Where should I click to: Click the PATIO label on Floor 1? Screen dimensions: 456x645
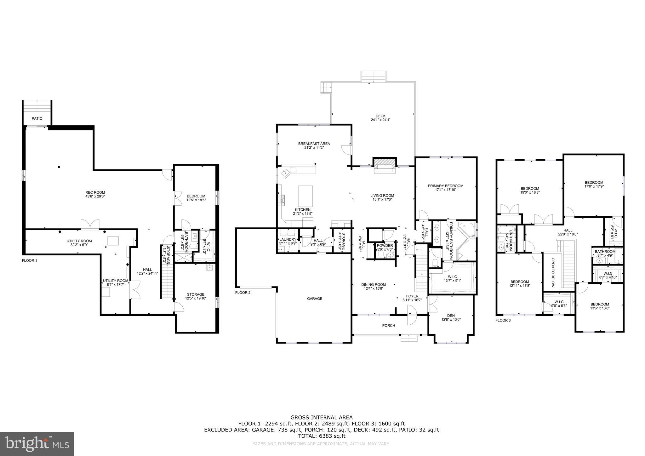pos(37,118)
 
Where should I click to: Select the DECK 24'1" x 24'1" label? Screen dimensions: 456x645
pos(380,118)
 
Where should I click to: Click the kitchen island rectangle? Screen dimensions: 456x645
pos(305,196)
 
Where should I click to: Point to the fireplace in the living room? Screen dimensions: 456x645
pos(383,165)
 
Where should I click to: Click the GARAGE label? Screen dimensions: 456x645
pos(315,299)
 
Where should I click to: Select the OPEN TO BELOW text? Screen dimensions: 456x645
pos(553,273)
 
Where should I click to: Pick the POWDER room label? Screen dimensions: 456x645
pos(385,246)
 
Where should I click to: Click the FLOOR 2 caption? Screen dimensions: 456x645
pos(243,293)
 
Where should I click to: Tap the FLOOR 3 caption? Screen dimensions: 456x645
pos(503,321)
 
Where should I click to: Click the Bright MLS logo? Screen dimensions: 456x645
pos(37,444)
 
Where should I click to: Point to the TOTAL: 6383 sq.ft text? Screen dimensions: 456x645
pos(322,436)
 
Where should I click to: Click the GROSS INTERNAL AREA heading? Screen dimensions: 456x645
pos(322,418)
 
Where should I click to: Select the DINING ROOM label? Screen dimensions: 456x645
pos(374,286)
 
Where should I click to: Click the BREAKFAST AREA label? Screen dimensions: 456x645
pos(314,145)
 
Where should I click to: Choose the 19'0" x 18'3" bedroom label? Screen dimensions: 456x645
pos(529,190)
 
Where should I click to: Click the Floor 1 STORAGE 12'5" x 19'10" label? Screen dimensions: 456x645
pos(196,296)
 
